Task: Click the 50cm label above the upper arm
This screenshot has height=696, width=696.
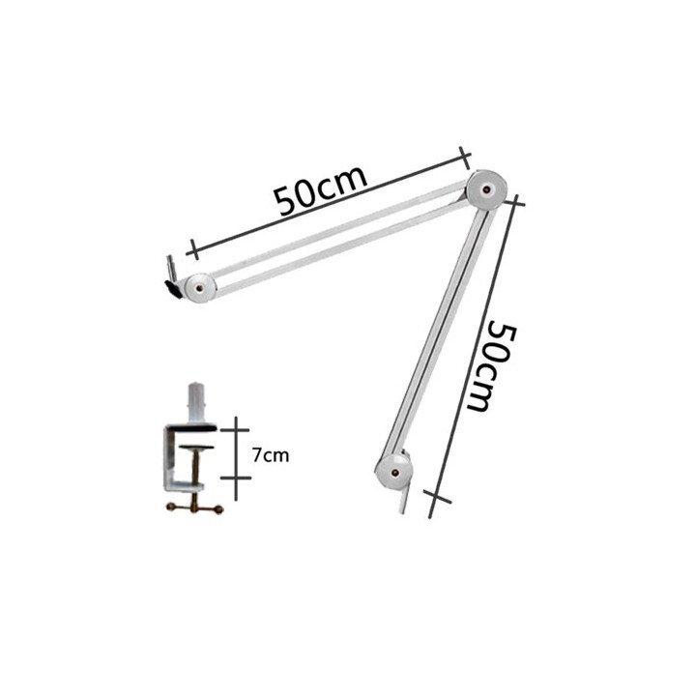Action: pyautogui.click(x=321, y=190)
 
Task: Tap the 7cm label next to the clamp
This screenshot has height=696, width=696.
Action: pyautogui.click(x=271, y=455)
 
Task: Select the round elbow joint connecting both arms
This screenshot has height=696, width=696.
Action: pyautogui.click(x=486, y=189)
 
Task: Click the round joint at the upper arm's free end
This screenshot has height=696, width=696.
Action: pyautogui.click(x=201, y=288)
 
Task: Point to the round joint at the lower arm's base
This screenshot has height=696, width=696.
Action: pyautogui.click(x=393, y=472)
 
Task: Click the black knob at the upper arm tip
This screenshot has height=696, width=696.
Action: pyautogui.click(x=174, y=289)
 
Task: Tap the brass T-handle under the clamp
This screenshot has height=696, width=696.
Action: pyautogui.click(x=194, y=508)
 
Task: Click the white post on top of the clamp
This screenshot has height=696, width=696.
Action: pyautogui.click(x=195, y=402)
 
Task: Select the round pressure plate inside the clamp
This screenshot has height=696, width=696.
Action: pyautogui.click(x=196, y=448)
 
